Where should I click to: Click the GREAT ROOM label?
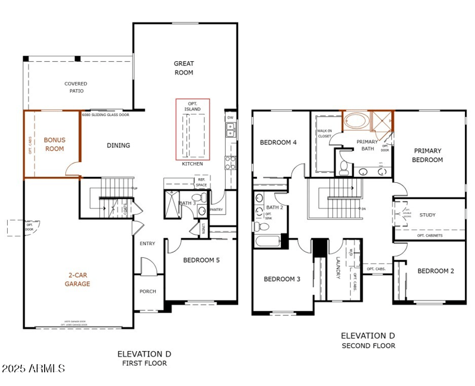[183, 68]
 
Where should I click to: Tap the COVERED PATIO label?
[75, 87]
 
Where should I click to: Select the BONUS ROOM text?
[54, 144]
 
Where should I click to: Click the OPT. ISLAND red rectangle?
[192, 129]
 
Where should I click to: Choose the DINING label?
[118, 145]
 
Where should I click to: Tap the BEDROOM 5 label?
[202, 260]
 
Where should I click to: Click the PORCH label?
[147, 292]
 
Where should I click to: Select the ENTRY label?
[147, 243]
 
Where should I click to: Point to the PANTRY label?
[216, 209]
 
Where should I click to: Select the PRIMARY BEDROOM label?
[428, 155]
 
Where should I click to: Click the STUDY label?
[427, 215]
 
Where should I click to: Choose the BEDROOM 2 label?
[435, 271]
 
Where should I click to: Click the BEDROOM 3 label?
[283, 279]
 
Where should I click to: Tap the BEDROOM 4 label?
[278, 143]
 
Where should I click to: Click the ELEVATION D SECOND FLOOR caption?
[368, 341]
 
